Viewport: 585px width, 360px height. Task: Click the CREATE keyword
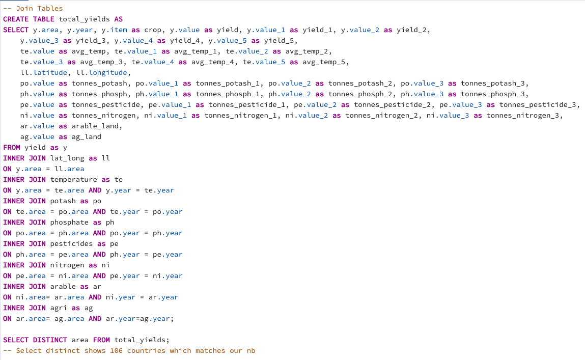pos(16,19)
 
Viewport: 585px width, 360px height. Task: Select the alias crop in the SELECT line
pos(153,30)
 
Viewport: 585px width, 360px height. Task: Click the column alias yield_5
pos(278,40)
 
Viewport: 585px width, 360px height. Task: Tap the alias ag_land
pos(87,136)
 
